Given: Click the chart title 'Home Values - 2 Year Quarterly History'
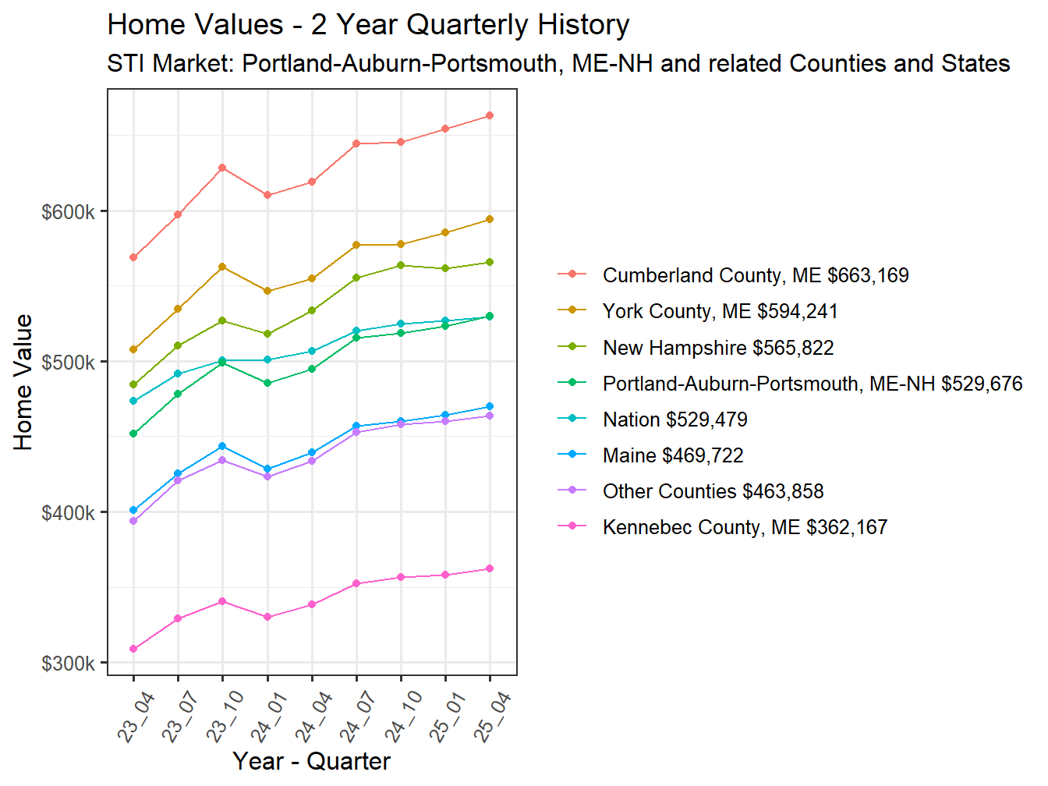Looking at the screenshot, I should click(x=368, y=25).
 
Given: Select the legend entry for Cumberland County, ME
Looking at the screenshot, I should click(x=755, y=275).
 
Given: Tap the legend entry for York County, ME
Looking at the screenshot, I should click(x=720, y=311).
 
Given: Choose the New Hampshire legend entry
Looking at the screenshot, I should click(x=717, y=348).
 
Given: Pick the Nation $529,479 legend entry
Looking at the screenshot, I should click(x=674, y=420).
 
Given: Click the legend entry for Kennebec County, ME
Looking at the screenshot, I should click(x=745, y=527).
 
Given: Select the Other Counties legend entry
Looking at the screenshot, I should click(x=713, y=491).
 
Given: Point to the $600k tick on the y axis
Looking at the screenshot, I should click(x=69, y=212).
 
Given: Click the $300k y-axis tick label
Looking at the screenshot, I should click(x=69, y=664).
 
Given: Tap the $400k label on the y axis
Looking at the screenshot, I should click(x=69, y=513).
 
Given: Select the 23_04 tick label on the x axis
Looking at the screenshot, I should click(x=136, y=717).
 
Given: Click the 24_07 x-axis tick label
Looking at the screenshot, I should click(x=359, y=717).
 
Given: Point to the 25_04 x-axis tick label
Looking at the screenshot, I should click(x=492, y=717).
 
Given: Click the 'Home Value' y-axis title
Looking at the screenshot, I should click(x=23, y=382).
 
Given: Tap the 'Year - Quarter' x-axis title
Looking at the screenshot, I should click(x=311, y=761).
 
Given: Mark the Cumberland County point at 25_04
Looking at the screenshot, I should click(x=490, y=115).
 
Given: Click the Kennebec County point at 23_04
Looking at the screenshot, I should click(x=133, y=649).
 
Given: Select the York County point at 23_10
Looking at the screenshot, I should click(x=222, y=267).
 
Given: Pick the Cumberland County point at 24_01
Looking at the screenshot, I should click(x=267, y=195).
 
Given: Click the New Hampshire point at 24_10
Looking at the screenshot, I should click(x=401, y=265).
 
